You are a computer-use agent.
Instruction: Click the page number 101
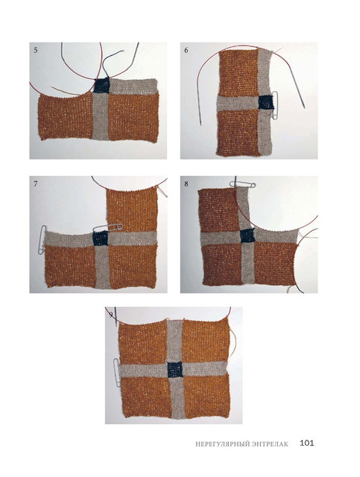tap(306, 443)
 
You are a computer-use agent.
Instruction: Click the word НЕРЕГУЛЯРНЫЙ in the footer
tap(222, 444)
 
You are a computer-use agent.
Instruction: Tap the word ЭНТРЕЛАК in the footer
tap(270, 444)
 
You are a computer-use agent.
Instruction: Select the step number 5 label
tap(36, 50)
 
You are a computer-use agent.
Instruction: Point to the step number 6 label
tap(186, 50)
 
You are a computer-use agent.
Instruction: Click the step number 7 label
tap(36, 184)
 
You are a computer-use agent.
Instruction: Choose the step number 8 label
tap(186, 184)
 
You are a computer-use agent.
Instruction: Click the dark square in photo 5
tap(101, 85)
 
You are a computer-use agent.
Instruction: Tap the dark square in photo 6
tap(265, 102)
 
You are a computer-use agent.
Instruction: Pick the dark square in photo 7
tap(100, 238)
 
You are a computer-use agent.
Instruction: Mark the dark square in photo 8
tap(247, 236)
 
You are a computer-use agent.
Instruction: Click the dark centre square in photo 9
tap(175, 370)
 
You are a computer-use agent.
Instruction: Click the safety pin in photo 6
tap(276, 106)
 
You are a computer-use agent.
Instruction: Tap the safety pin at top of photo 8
tap(242, 184)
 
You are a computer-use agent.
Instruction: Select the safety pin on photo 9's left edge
tap(116, 373)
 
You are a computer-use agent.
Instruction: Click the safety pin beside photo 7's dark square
tap(108, 227)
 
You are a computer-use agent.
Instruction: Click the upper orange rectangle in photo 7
tap(132, 210)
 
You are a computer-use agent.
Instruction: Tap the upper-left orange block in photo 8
tap(219, 210)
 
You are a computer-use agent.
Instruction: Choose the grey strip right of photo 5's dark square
tap(133, 86)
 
